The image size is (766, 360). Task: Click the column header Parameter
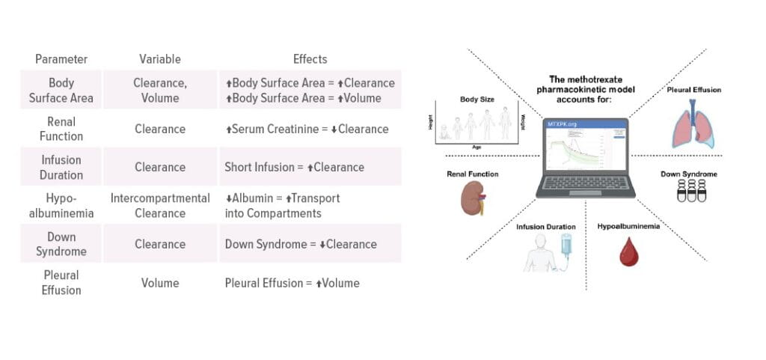61,59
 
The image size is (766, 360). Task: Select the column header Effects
310,59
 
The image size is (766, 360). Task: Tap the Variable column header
160,59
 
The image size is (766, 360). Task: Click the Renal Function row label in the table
61,129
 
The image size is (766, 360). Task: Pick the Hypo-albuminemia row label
61,206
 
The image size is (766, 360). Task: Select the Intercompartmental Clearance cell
160,206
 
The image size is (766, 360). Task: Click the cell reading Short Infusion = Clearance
295,167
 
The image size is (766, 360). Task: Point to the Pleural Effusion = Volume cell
292,283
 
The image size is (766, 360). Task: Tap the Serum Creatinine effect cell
307,129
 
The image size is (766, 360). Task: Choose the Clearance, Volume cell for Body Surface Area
160,90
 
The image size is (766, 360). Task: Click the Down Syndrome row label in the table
61,244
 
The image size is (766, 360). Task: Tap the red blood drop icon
628,252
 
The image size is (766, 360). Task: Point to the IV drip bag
566,244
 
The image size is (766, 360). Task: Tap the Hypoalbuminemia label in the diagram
628,225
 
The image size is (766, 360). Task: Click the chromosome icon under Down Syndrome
692,193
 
